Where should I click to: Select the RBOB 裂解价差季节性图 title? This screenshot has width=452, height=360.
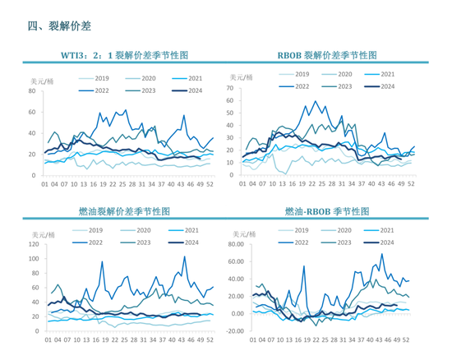click(x=328, y=56)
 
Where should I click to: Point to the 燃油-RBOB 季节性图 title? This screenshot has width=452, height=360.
click(x=329, y=211)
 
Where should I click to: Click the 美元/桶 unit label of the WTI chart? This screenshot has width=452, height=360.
click(x=41, y=80)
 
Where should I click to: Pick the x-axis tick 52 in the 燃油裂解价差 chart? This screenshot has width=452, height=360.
click(x=210, y=339)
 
